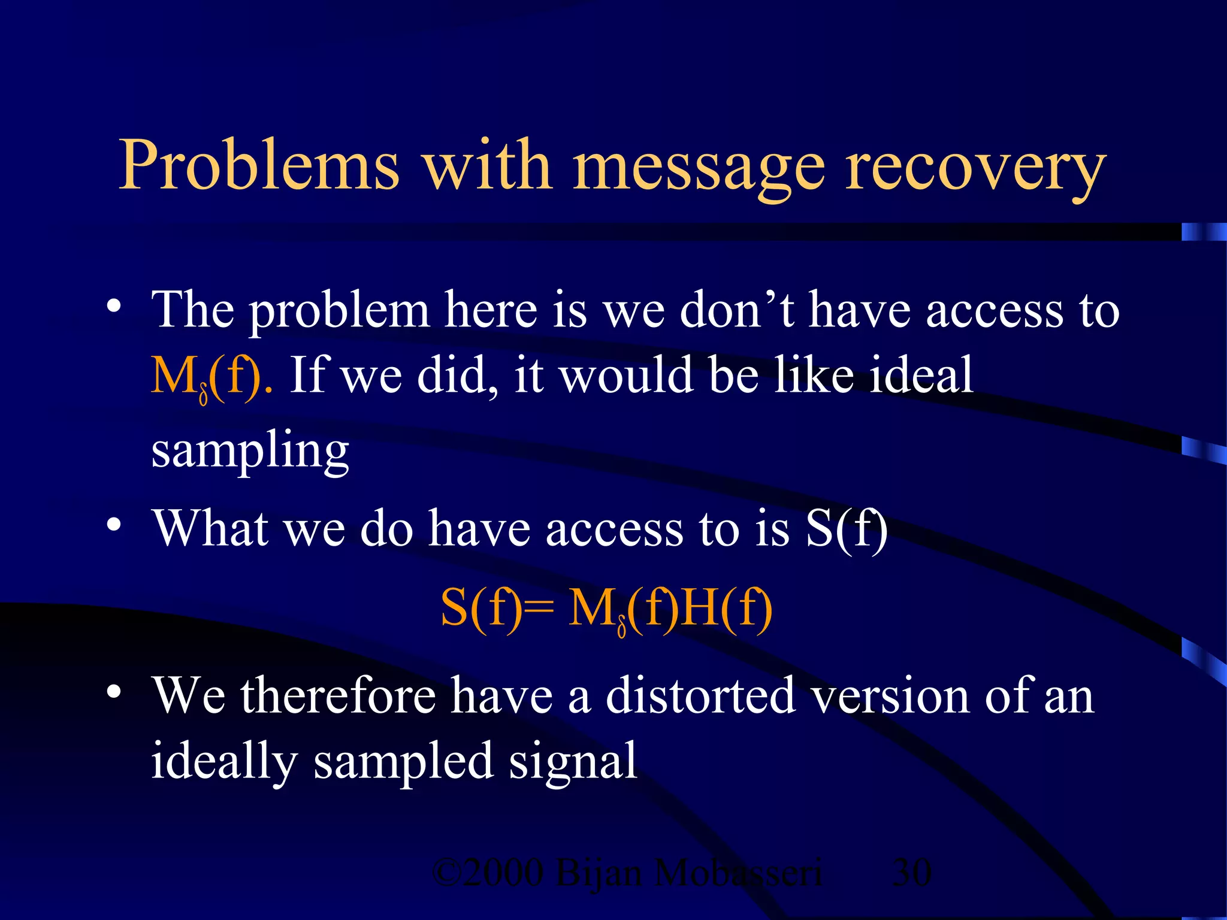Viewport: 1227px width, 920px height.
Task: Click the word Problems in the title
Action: point(259,165)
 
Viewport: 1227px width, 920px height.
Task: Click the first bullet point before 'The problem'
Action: point(114,307)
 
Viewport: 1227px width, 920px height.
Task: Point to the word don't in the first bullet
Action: point(738,310)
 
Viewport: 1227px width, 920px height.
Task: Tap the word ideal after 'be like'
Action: point(922,374)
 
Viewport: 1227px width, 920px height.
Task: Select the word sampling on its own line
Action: point(250,451)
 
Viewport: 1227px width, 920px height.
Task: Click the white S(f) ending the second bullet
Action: point(847,528)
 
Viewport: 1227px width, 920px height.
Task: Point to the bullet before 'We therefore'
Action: point(114,692)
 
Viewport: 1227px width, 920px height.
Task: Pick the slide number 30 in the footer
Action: point(911,872)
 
